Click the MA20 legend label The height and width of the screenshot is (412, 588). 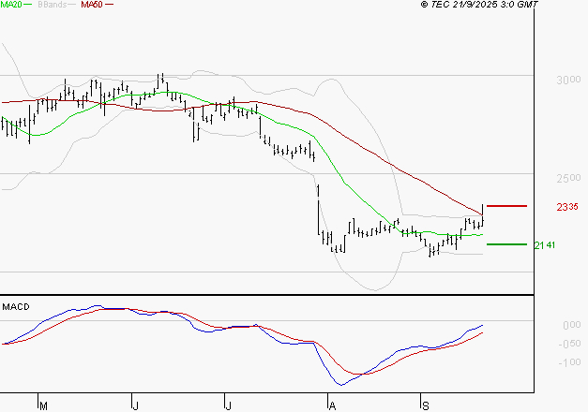pos(11,5)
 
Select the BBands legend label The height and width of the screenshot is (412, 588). pos(52,5)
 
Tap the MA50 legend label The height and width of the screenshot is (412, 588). pos(92,5)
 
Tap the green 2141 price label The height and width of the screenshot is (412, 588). pos(544,245)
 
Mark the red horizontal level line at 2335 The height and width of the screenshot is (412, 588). pos(506,205)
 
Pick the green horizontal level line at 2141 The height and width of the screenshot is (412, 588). pos(506,244)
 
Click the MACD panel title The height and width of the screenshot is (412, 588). pos(15,306)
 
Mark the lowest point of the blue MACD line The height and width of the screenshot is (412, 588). pos(340,385)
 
